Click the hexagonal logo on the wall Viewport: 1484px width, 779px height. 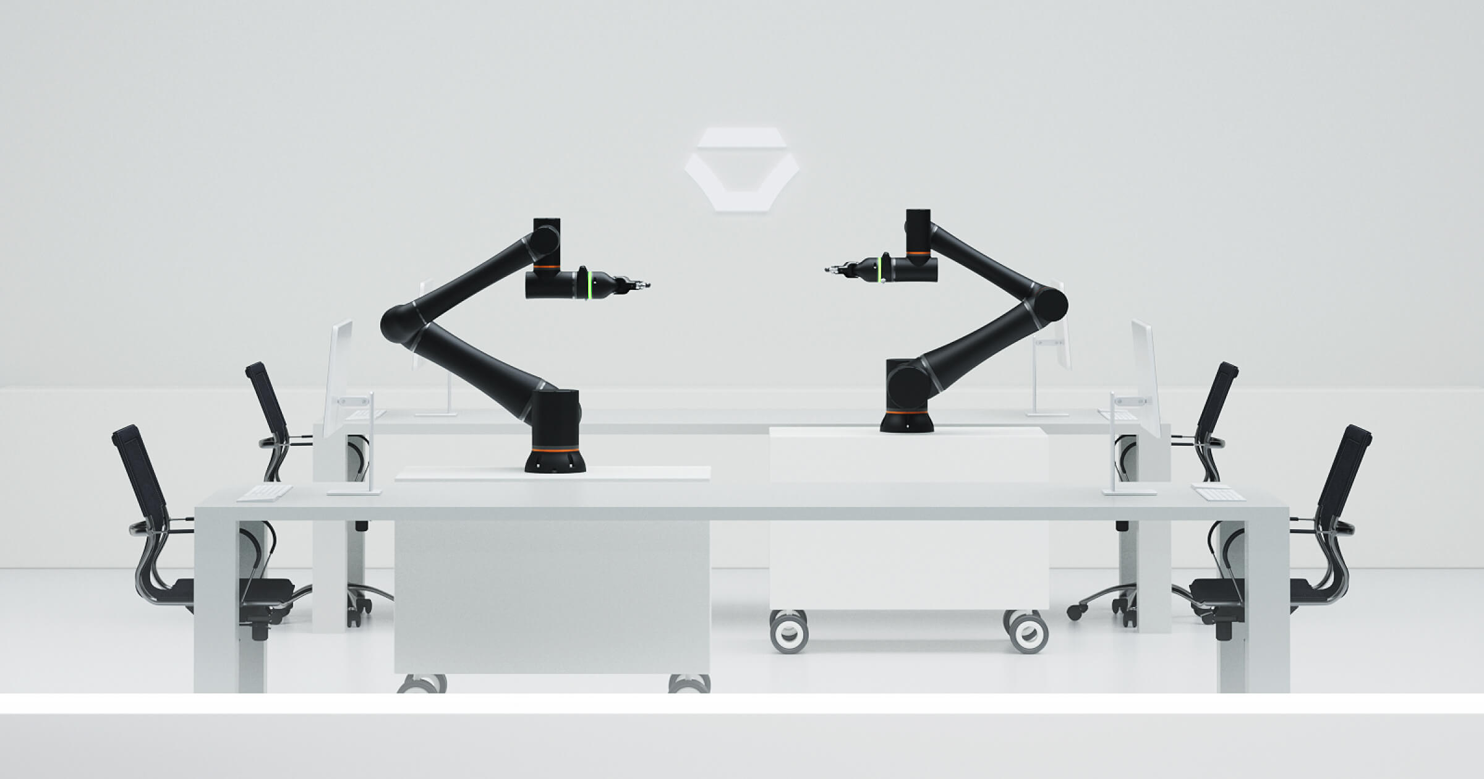[x=741, y=169]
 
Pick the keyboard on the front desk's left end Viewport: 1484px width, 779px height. [x=264, y=493]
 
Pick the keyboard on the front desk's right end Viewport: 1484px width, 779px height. [x=1217, y=493]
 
